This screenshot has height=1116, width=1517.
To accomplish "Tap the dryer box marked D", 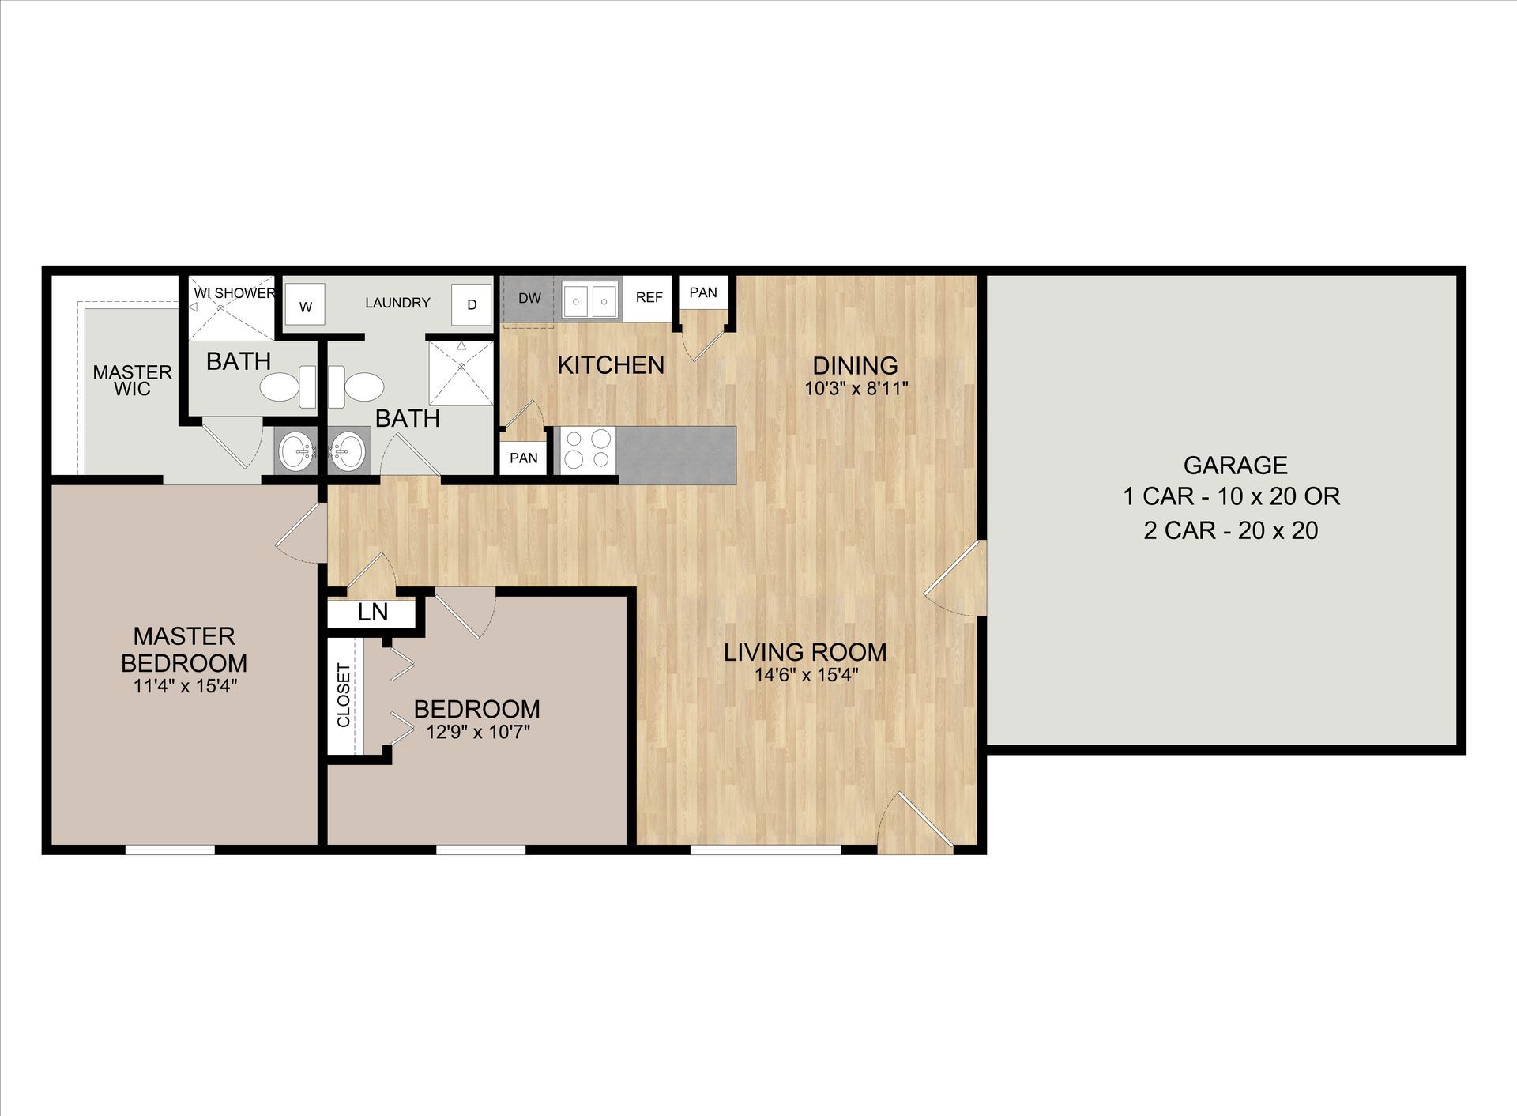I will point(472,304).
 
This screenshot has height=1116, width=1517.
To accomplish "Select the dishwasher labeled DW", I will point(529,299).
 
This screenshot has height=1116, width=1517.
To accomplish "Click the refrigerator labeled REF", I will point(649,298).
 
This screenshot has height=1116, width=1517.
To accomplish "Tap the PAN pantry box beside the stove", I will point(523,458).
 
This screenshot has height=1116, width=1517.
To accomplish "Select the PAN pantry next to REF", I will point(703,292).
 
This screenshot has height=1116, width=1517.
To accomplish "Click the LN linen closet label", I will point(373,613).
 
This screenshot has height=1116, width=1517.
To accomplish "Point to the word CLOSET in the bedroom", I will point(344,696).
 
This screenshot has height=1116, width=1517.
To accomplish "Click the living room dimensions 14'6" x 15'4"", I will point(806,675).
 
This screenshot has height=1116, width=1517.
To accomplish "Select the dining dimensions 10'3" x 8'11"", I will point(856,388).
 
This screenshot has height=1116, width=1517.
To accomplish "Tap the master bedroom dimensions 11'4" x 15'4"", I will point(186,686).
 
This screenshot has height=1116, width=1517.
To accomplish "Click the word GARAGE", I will point(1235,465).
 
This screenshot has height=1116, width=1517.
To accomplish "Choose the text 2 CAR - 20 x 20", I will point(1231,530).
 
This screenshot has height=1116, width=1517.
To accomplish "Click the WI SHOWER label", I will point(234,293).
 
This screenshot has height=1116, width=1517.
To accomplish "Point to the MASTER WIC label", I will point(132,380).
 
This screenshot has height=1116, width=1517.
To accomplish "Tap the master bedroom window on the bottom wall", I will point(170,850).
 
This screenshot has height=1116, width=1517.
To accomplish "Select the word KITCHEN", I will point(611,365).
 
